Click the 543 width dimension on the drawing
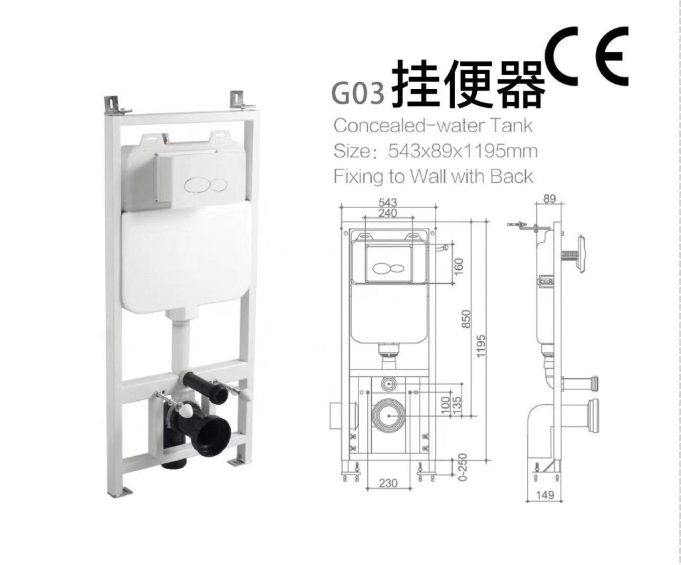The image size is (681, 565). tap(389, 202)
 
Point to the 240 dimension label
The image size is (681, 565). tap(389, 213)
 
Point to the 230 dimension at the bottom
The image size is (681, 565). tap(389, 483)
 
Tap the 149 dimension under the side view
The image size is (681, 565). tap(545, 495)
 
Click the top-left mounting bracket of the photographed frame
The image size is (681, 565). tap(114, 106)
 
